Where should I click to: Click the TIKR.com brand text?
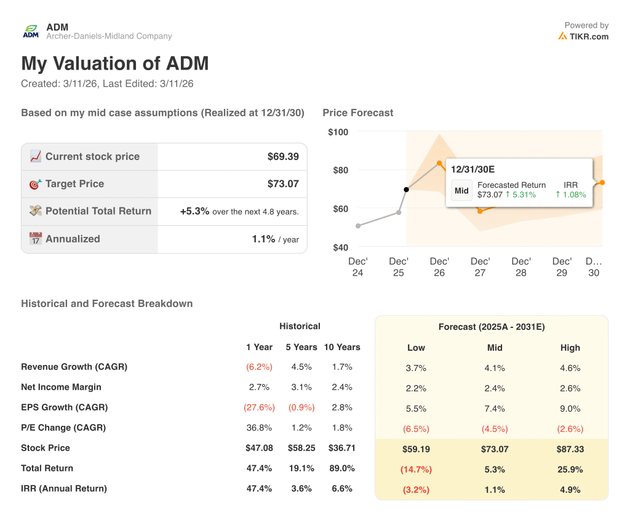pyautogui.click(x=589, y=36)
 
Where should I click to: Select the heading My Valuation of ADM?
pyautogui.click(x=115, y=63)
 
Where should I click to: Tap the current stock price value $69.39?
pyautogui.click(x=283, y=156)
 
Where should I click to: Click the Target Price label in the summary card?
pyautogui.click(x=74, y=184)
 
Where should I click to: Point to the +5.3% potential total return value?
pyautogui.click(x=194, y=211)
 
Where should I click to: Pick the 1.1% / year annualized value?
pyautogui.click(x=263, y=239)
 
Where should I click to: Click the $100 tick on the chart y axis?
pyautogui.click(x=338, y=132)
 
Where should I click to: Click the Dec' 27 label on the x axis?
pyautogui.click(x=480, y=267)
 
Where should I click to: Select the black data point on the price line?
pyautogui.click(x=406, y=190)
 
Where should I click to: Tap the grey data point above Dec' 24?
pyautogui.click(x=358, y=226)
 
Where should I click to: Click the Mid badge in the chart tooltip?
pyautogui.click(x=461, y=191)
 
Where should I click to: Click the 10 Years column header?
pyautogui.click(x=342, y=347)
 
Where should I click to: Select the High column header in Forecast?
pyautogui.click(x=570, y=348)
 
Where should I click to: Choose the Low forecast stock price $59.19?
pyautogui.click(x=416, y=449)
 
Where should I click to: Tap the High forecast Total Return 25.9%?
pyautogui.click(x=570, y=470)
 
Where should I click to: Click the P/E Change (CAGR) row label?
pyautogui.click(x=63, y=428)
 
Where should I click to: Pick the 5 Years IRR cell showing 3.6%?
pyautogui.click(x=301, y=489)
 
